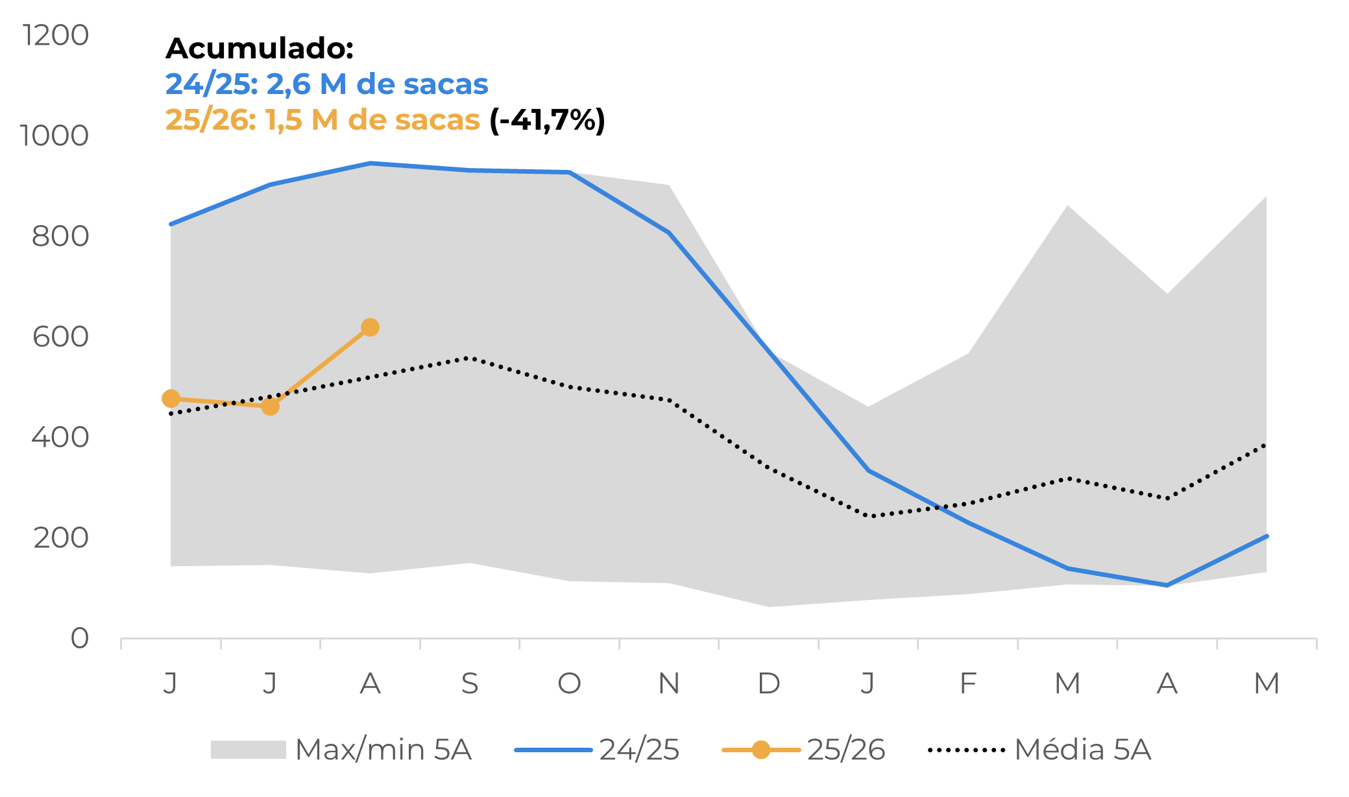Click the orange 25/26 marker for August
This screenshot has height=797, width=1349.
[370, 327]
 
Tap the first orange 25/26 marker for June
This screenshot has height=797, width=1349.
[171, 398]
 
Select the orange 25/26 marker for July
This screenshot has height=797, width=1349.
[271, 407]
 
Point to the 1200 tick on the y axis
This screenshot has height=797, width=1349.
[56, 35]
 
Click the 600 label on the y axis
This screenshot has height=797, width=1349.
[60, 337]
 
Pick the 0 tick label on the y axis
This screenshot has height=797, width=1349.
[79, 638]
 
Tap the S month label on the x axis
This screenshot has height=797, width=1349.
[470, 683]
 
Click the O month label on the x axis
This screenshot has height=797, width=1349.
[569, 683]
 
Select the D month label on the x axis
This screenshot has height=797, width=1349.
[769, 683]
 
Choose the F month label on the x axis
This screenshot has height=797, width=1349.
[967, 683]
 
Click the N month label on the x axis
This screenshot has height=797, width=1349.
[669, 683]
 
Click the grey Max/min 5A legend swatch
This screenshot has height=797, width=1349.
[248, 750]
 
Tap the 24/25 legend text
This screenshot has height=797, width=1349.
[639, 750]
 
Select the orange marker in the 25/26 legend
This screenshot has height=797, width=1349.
[761, 750]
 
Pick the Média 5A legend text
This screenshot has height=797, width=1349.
[1082, 750]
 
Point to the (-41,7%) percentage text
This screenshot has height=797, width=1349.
[547, 120]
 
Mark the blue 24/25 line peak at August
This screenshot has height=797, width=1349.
[370, 163]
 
